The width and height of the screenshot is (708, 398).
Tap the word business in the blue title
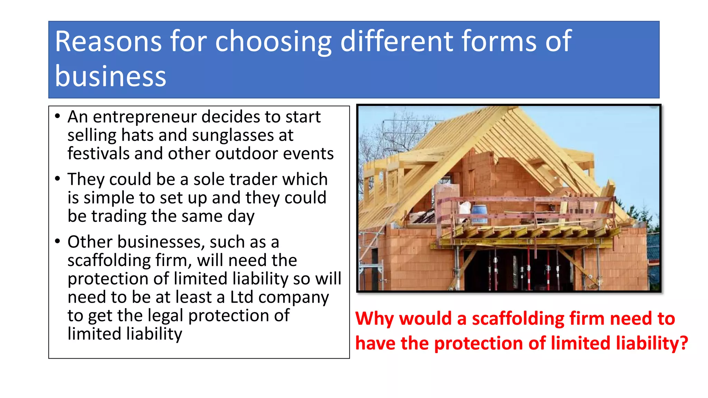tap(111, 76)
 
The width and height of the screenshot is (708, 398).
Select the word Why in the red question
tap(374, 319)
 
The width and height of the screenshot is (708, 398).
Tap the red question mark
tap(683, 343)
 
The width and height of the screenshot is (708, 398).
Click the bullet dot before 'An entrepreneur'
tap(57, 116)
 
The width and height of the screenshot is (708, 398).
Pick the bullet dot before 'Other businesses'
tap(57, 241)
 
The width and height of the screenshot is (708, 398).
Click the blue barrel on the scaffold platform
tap(479, 213)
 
